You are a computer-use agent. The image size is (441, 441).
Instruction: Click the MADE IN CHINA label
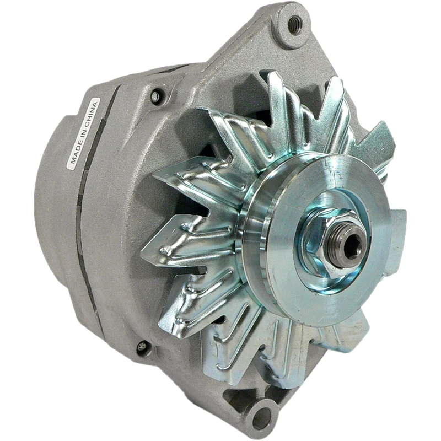(83, 133)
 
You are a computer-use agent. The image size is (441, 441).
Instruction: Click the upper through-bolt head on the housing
(156, 97)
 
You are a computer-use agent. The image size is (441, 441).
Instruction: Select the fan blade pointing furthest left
(165, 248)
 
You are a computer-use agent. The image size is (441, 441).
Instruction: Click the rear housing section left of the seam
(55, 220)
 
